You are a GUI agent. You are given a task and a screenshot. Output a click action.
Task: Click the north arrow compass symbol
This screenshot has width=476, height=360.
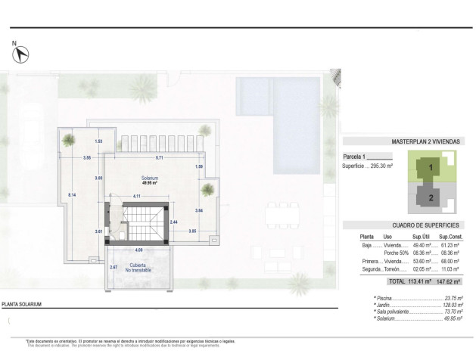tap(22, 54)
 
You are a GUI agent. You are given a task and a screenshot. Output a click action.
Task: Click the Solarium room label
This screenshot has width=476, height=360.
tap(150, 179)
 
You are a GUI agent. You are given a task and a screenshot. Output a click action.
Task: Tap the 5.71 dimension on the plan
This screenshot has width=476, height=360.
tap(159, 158)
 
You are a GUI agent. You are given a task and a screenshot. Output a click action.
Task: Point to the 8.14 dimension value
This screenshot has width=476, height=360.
tap(71, 195)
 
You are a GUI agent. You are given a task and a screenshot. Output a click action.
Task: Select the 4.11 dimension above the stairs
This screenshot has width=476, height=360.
tap(136, 197)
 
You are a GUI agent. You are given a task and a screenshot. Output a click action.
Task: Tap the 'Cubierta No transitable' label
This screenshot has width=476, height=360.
tap(138, 268)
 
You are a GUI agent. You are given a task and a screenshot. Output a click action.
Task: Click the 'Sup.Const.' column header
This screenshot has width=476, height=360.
tap(451, 237)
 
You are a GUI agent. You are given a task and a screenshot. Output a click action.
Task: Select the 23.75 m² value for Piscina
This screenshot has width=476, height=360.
tap(452, 299)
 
